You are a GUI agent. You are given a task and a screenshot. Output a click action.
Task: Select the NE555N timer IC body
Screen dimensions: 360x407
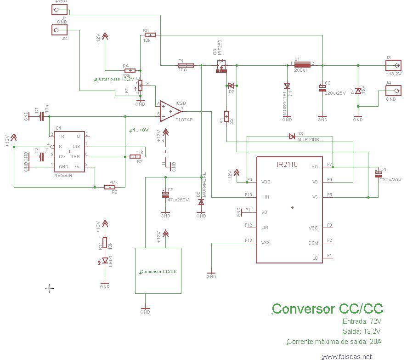click(x=69, y=152)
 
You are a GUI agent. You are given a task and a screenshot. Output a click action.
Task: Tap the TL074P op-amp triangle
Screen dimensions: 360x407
click(x=169, y=111)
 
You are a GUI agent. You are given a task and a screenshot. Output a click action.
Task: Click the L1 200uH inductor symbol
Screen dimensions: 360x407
click(x=303, y=65)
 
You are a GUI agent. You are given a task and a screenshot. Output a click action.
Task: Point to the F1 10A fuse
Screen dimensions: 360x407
click(x=186, y=66)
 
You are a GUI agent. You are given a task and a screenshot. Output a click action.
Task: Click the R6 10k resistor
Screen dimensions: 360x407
click(x=150, y=35)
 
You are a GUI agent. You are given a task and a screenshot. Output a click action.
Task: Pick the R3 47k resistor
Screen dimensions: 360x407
click(x=110, y=187)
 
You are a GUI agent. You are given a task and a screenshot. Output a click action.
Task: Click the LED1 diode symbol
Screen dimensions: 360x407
click(x=105, y=261)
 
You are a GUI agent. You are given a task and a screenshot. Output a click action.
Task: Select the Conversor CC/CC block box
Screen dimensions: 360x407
click(x=158, y=270)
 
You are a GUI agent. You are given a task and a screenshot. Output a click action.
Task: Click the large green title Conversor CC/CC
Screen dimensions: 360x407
click(x=328, y=309)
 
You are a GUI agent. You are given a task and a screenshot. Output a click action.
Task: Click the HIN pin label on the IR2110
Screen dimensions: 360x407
click(x=265, y=197)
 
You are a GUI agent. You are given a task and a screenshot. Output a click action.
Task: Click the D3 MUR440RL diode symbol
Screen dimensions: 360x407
click(x=291, y=136)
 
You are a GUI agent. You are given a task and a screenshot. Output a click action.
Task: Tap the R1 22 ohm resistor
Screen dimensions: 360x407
click(x=226, y=116)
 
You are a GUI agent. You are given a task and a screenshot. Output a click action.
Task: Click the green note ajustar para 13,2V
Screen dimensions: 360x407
click(x=114, y=79)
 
